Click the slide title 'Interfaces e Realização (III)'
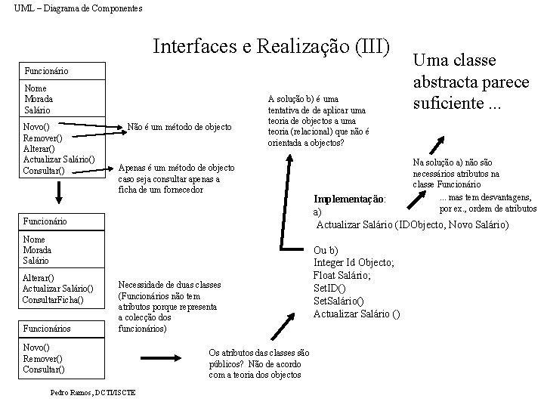coord(271,47)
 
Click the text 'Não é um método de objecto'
coord(180,126)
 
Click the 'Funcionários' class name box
coord(47,329)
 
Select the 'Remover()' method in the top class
coord(42,138)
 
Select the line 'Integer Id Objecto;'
coord(354,262)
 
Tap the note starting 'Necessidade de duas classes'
coord(168,307)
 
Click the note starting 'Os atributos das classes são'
coord(258,363)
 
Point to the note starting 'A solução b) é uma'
coord(318,121)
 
